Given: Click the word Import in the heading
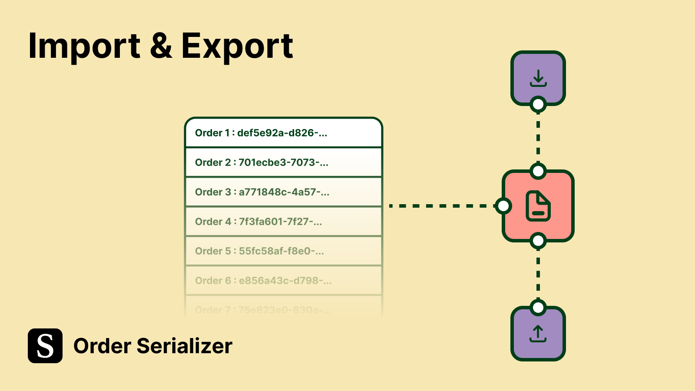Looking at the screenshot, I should (x=84, y=46).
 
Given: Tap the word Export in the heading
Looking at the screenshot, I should (x=237, y=46).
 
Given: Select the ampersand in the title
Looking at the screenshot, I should (x=161, y=46).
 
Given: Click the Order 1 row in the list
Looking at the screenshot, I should (x=283, y=133).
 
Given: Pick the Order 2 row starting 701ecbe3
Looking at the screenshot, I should (x=283, y=162).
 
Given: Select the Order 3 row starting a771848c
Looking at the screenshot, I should (x=283, y=192).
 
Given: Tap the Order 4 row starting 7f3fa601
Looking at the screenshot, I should (x=283, y=222).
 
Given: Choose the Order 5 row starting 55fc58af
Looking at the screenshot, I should (x=283, y=251).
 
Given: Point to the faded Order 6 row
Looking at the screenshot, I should (x=283, y=281).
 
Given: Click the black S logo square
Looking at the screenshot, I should (x=45, y=346).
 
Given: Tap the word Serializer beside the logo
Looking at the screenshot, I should (x=185, y=346).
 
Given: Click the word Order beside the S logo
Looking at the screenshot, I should (x=103, y=346).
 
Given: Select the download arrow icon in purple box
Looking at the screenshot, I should (x=538, y=78).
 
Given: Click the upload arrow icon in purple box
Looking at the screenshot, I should (x=538, y=334).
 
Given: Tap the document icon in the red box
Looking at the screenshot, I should (x=538, y=206).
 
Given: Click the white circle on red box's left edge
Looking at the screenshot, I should (x=503, y=206).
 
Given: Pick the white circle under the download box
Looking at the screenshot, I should (x=538, y=105).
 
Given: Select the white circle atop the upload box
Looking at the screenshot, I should (x=538, y=308).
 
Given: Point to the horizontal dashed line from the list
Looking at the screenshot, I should (x=441, y=206).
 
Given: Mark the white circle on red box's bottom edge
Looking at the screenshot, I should (x=538, y=241).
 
